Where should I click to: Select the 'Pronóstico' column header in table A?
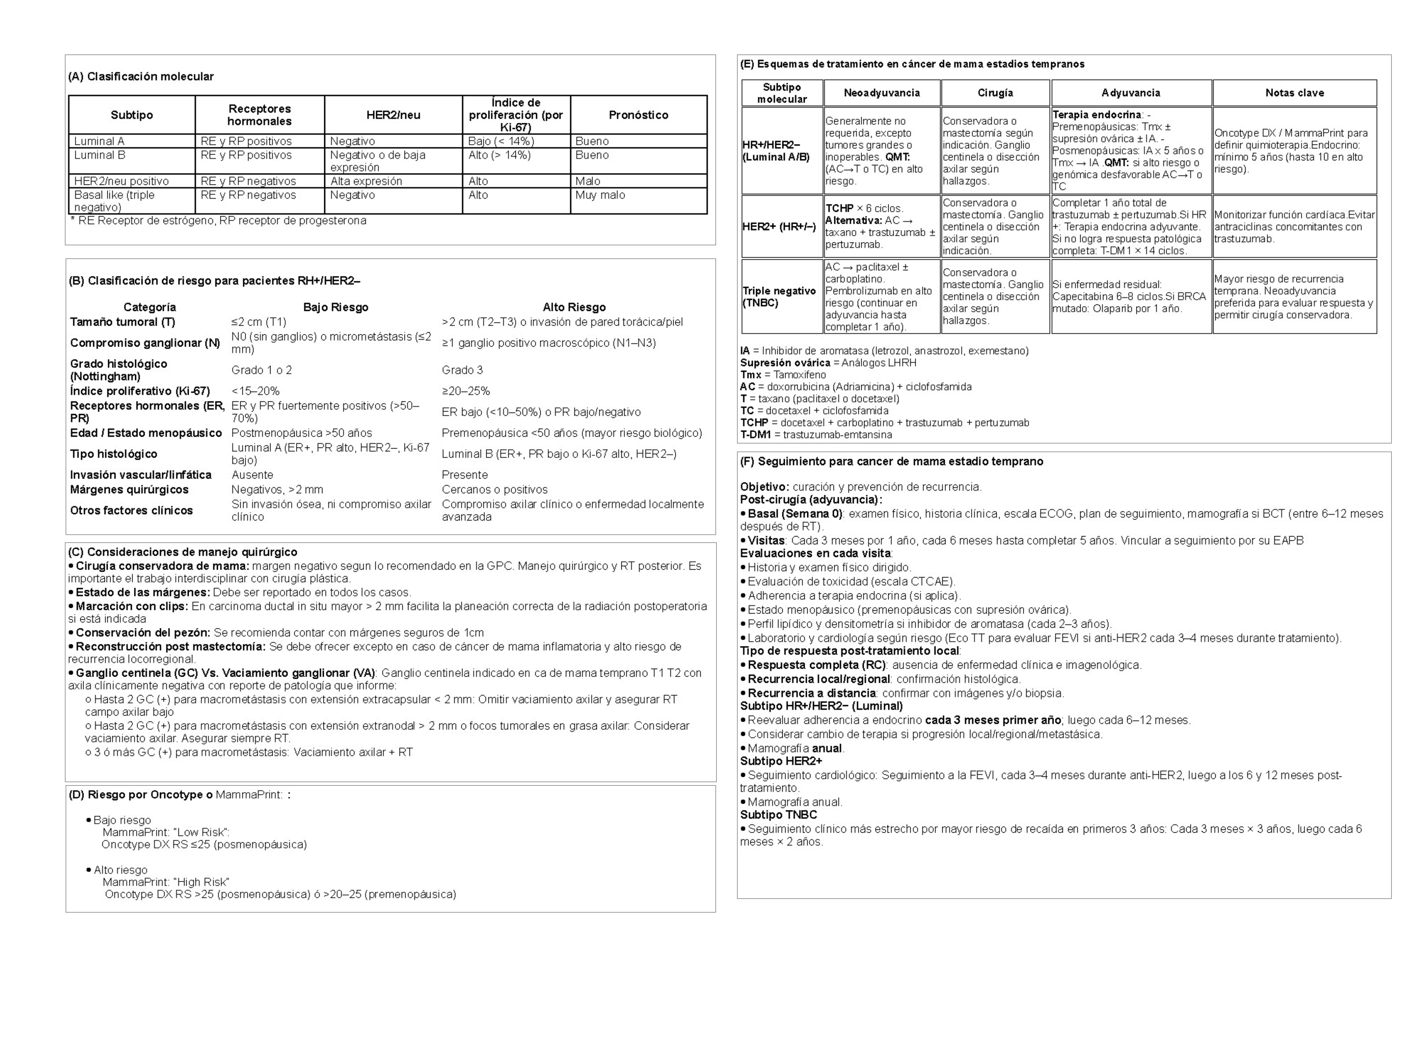(x=638, y=115)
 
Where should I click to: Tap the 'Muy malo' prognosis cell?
(x=600, y=195)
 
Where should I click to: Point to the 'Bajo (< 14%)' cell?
(x=501, y=141)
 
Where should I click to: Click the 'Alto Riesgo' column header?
(x=574, y=307)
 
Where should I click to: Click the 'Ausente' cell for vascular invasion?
(x=252, y=475)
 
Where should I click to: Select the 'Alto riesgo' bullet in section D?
(x=120, y=870)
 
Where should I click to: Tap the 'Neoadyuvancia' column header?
(x=881, y=93)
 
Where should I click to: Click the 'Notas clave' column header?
(x=1294, y=93)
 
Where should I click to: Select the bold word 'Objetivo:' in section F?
(x=764, y=487)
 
